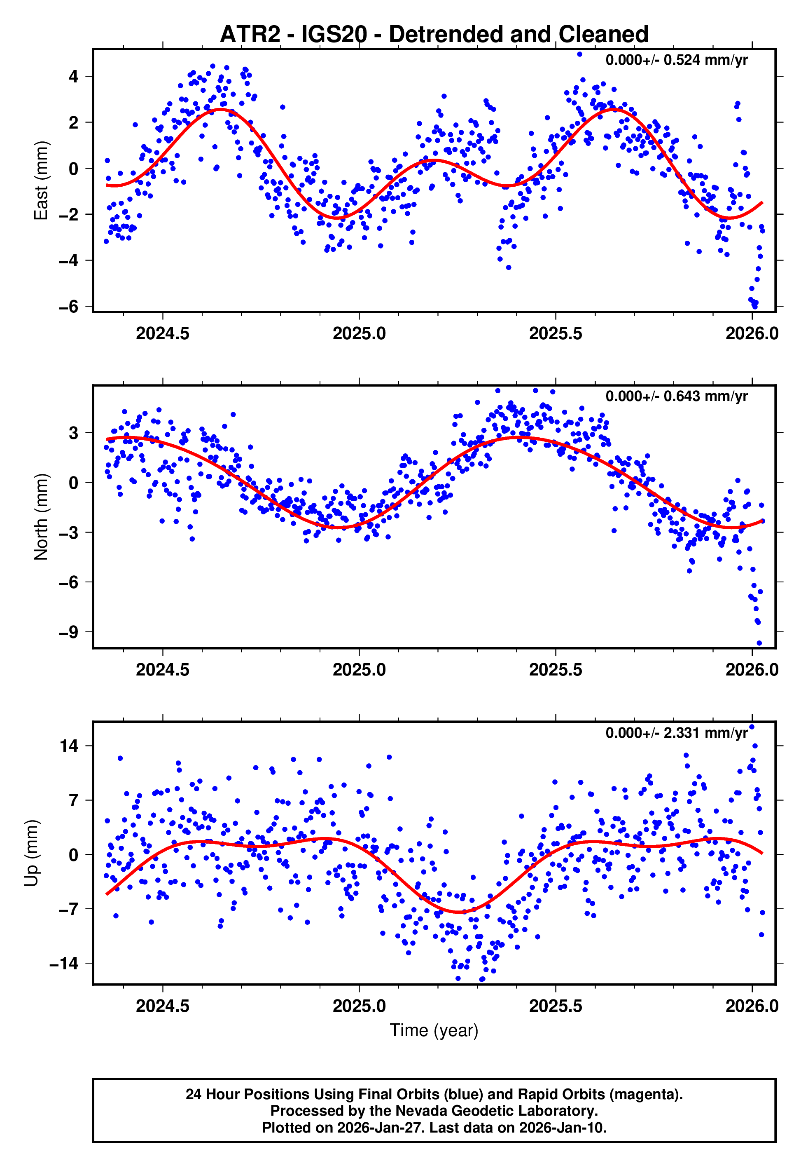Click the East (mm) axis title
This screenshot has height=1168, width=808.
point(40,181)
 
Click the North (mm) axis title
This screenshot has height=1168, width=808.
point(40,517)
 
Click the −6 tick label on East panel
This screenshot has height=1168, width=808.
point(68,307)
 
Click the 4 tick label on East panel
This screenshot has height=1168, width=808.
point(74,77)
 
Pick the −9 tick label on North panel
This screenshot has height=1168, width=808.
point(68,632)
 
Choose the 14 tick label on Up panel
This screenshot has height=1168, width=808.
point(69,746)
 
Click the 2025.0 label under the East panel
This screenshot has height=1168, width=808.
point(359,333)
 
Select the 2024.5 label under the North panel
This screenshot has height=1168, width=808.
point(163,670)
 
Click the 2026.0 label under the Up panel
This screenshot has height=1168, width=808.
point(752,1006)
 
